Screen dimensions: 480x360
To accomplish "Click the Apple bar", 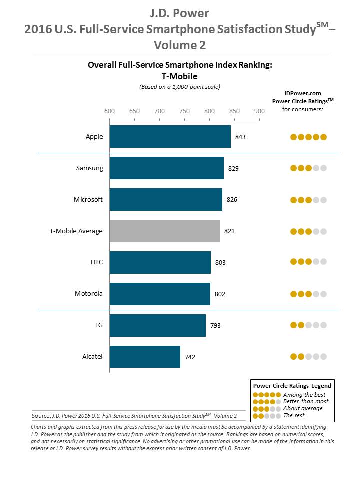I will (170, 137).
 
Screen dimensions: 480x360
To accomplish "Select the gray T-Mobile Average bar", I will (164, 231).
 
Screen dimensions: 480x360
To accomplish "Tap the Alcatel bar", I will (145, 357).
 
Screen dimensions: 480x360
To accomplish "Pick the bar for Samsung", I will (166, 168).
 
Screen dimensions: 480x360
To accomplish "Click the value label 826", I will (231, 200).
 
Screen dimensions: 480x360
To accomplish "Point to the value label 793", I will (215, 326).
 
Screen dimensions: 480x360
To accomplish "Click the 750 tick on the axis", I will (184, 111).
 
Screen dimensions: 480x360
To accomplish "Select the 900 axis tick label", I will (259, 111).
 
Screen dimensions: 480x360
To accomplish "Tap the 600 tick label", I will (109, 111).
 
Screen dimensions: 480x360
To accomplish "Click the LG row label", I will (98, 325).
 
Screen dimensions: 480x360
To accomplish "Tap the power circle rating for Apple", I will (308, 137).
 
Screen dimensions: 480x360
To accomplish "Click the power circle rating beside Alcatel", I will (308, 357).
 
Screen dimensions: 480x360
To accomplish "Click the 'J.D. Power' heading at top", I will (179, 12).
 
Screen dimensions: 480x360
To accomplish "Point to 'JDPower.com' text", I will (302, 93).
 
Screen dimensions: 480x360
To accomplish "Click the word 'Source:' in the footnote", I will (41, 415).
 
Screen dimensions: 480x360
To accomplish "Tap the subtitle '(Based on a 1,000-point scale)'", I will (179, 86).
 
